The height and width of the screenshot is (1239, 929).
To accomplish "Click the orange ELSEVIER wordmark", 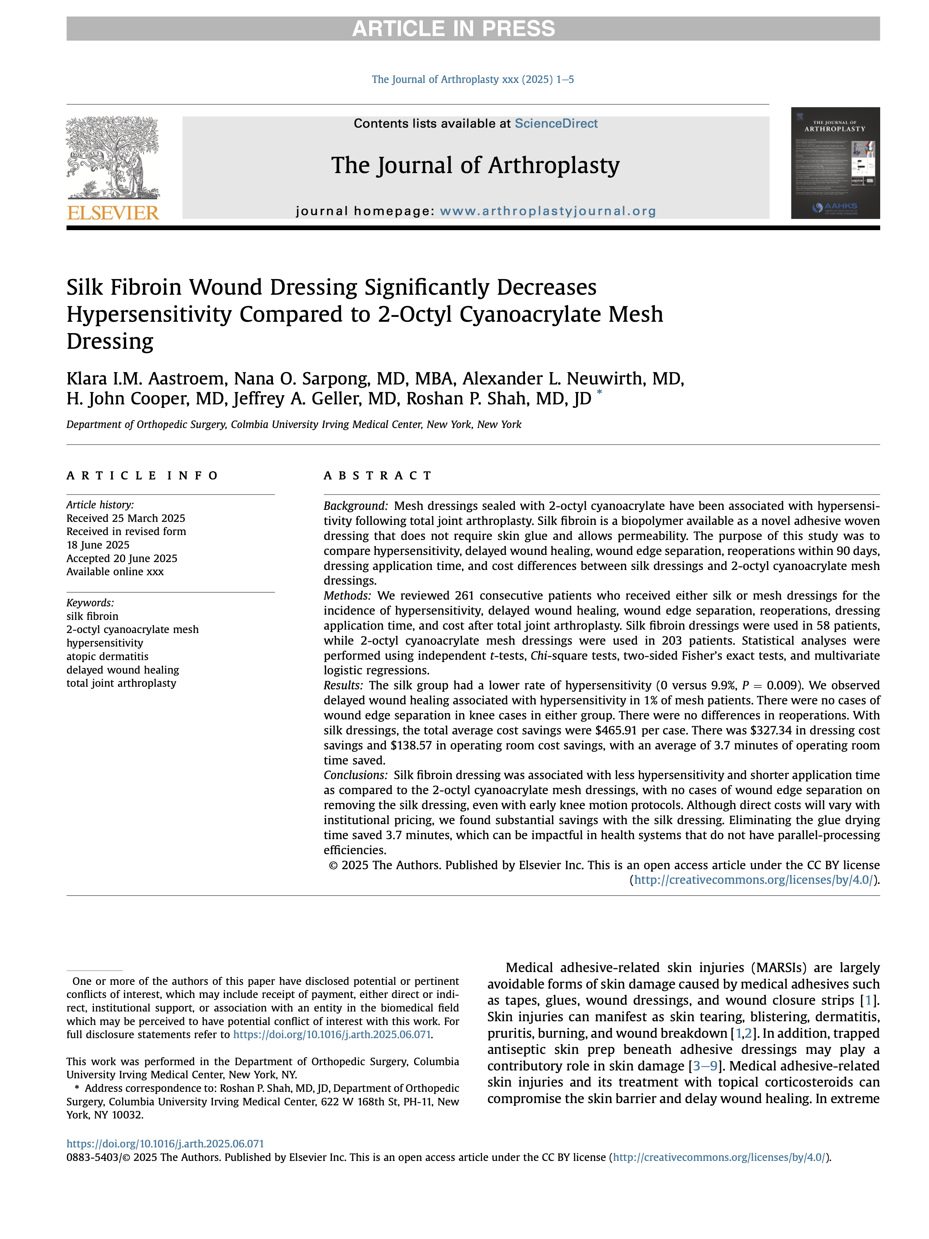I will [x=113, y=213].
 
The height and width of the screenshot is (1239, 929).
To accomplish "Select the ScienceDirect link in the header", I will [x=555, y=123].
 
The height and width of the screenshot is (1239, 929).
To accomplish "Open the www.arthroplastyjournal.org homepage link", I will [x=547, y=211].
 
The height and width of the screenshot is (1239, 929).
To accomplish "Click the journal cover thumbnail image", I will [x=835, y=163].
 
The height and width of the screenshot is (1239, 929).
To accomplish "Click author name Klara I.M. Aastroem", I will [x=145, y=378].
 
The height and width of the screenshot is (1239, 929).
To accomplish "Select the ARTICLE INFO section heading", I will [x=142, y=476].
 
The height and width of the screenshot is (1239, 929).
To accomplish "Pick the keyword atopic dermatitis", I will [x=107, y=656].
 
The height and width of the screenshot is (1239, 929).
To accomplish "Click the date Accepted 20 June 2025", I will [x=122, y=558].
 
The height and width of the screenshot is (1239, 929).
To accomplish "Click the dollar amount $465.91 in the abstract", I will [x=619, y=730].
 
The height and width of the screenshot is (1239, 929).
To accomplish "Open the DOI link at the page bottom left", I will [x=165, y=1144].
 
